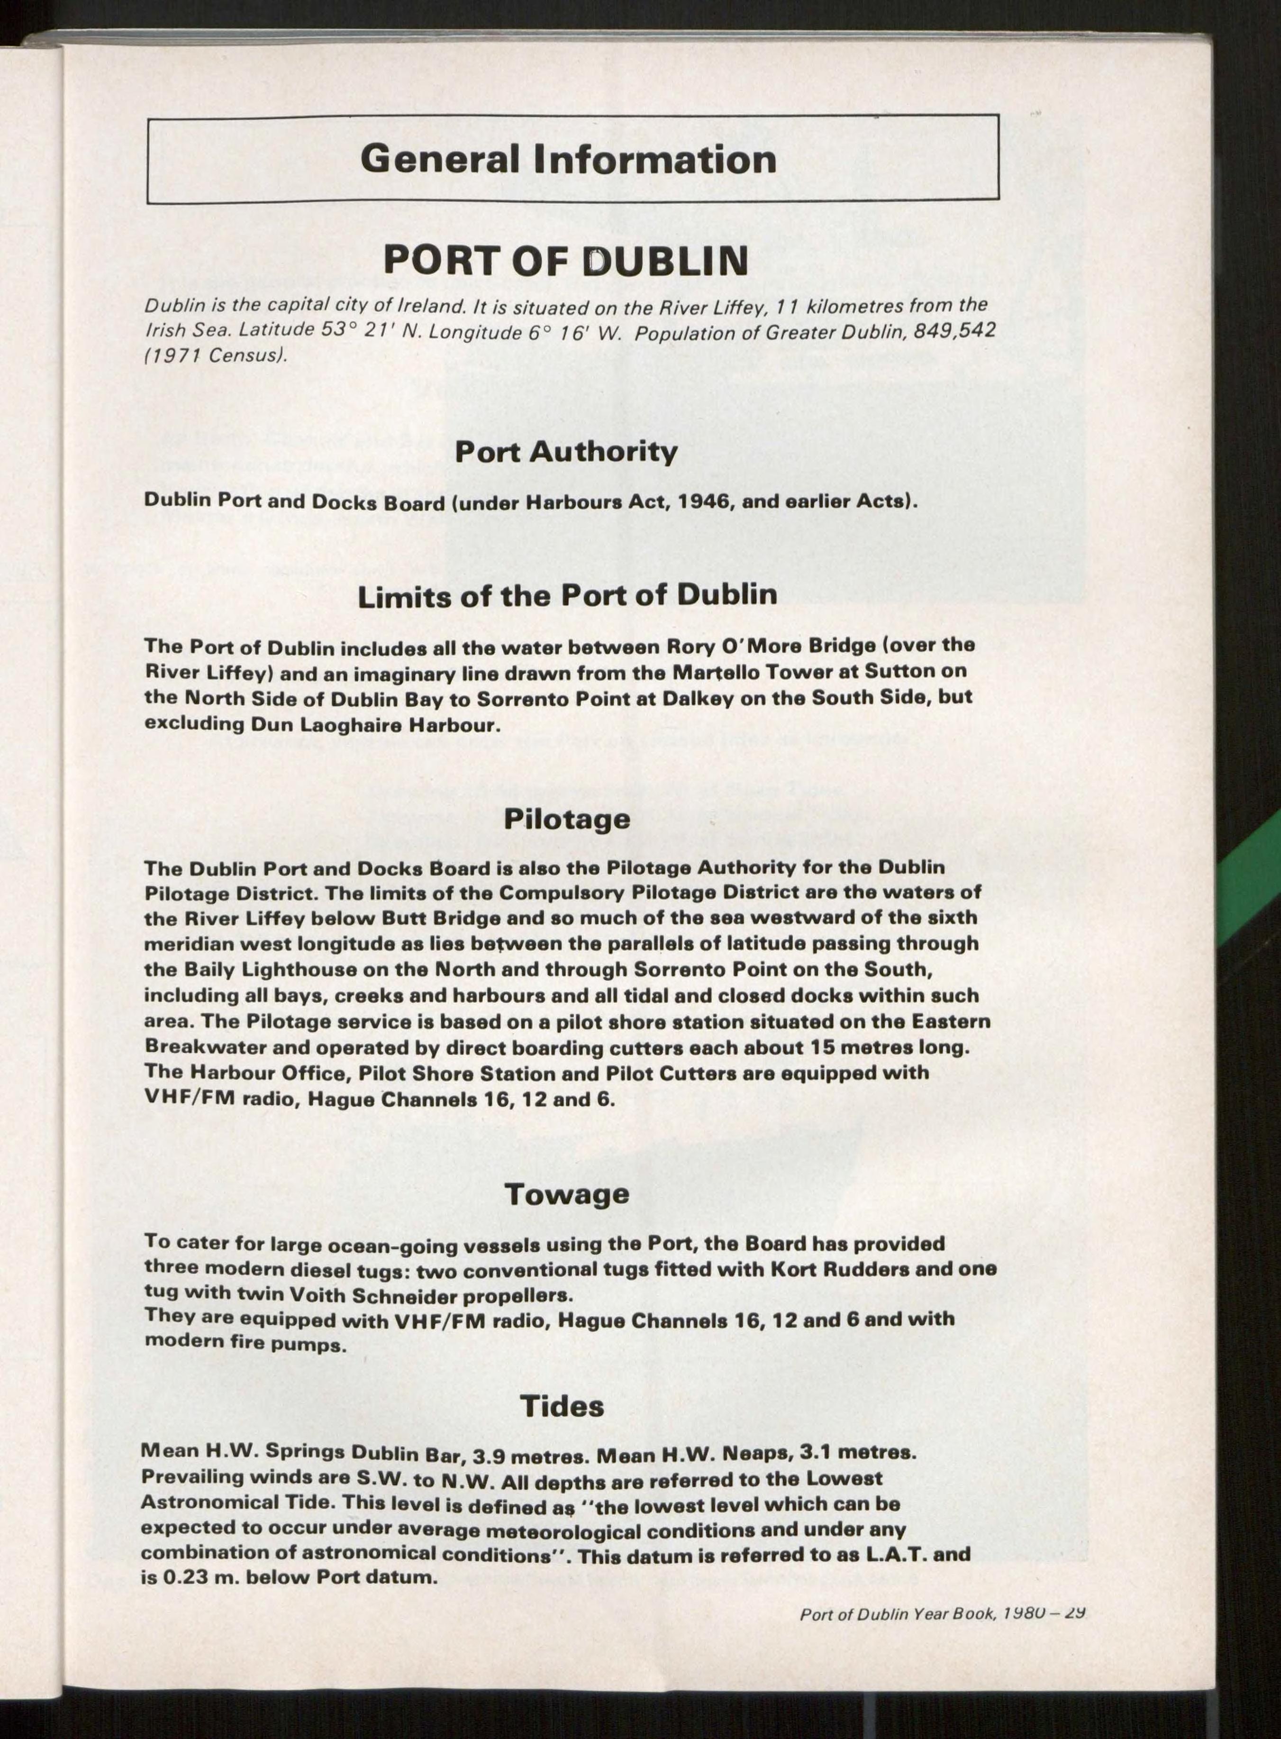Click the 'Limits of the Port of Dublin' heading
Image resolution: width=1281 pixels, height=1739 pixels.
pos(567,595)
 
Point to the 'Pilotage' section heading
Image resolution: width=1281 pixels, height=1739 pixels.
pos(567,819)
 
